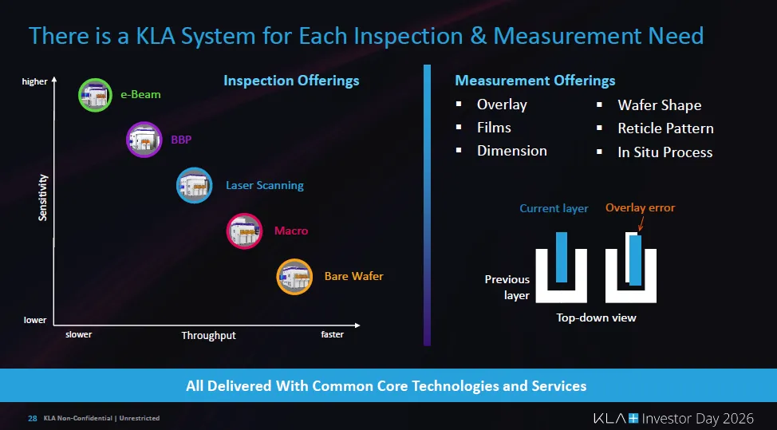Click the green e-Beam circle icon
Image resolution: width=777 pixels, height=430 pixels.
pyautogui.click(x=95, y=95)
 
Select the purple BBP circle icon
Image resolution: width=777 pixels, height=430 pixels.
pyautogui.click(x=144, y=140)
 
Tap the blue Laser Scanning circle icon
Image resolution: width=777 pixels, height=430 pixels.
pyautogui.click(x=194, y=185)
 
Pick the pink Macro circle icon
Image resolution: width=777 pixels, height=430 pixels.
pyautogui.click(x=244, y=231)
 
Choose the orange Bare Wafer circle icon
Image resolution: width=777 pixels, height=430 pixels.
pyautogui.click(x=294, y=277)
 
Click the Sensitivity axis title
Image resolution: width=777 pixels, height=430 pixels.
pyautogui.click(x=43, y=198)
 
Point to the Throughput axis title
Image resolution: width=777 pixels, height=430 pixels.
pyautogui.click(x=208, y=336)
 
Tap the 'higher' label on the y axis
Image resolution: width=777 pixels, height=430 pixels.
pyautogui.click(x=35, y=81)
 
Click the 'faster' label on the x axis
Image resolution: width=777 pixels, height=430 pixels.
pyautogui.click(x=332, y=335)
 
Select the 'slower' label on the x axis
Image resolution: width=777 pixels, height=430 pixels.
pyautogui.click(x=78, y=335)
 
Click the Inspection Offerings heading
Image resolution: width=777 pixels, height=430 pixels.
pyautogui.click(x=291, y=81)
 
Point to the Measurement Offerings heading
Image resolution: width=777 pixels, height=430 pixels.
pyautogui.click(x=534, y=81)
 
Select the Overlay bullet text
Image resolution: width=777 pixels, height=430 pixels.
pyautogui.click(x=502, y=105)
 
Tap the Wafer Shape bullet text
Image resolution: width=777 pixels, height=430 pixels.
pyautogui.click(x=659, y=105)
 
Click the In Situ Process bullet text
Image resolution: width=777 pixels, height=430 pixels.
pyautogui.click(x=665, y=152)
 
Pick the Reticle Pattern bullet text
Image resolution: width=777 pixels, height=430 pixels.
pyautogui.click(x=665, y=128)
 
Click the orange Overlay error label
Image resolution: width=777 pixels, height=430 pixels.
pyautogui.click(x=640, y=208)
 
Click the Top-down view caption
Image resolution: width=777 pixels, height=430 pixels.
pyautogui.click(x=596, y=318)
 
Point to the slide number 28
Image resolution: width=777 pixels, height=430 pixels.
pyautogui.click(x=33, y=418)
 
